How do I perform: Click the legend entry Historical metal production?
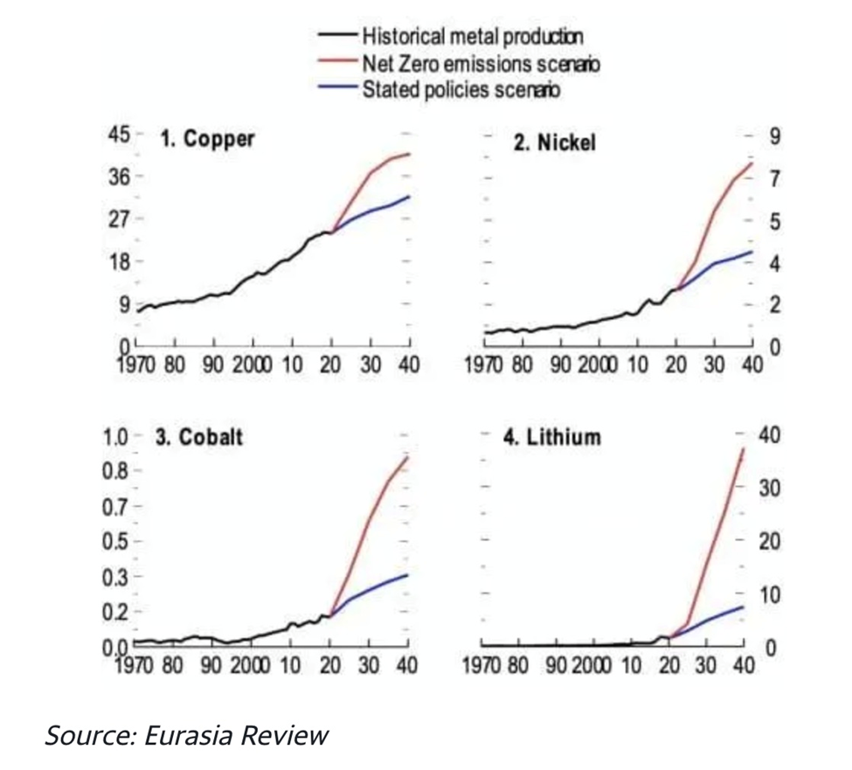(472, 36)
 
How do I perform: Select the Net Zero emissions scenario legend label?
(480, 63)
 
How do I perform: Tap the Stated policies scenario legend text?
(461, 89)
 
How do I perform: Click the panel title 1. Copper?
(207, 139)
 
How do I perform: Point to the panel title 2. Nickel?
(554, 143)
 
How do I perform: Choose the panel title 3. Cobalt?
(198, 437)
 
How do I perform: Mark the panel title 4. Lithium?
(552, 437)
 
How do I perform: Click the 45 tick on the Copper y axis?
(118, 135)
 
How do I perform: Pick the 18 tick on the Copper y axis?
(118, 261)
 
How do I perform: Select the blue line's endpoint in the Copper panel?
(409, 197)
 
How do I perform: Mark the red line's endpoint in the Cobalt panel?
(408, 457)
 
